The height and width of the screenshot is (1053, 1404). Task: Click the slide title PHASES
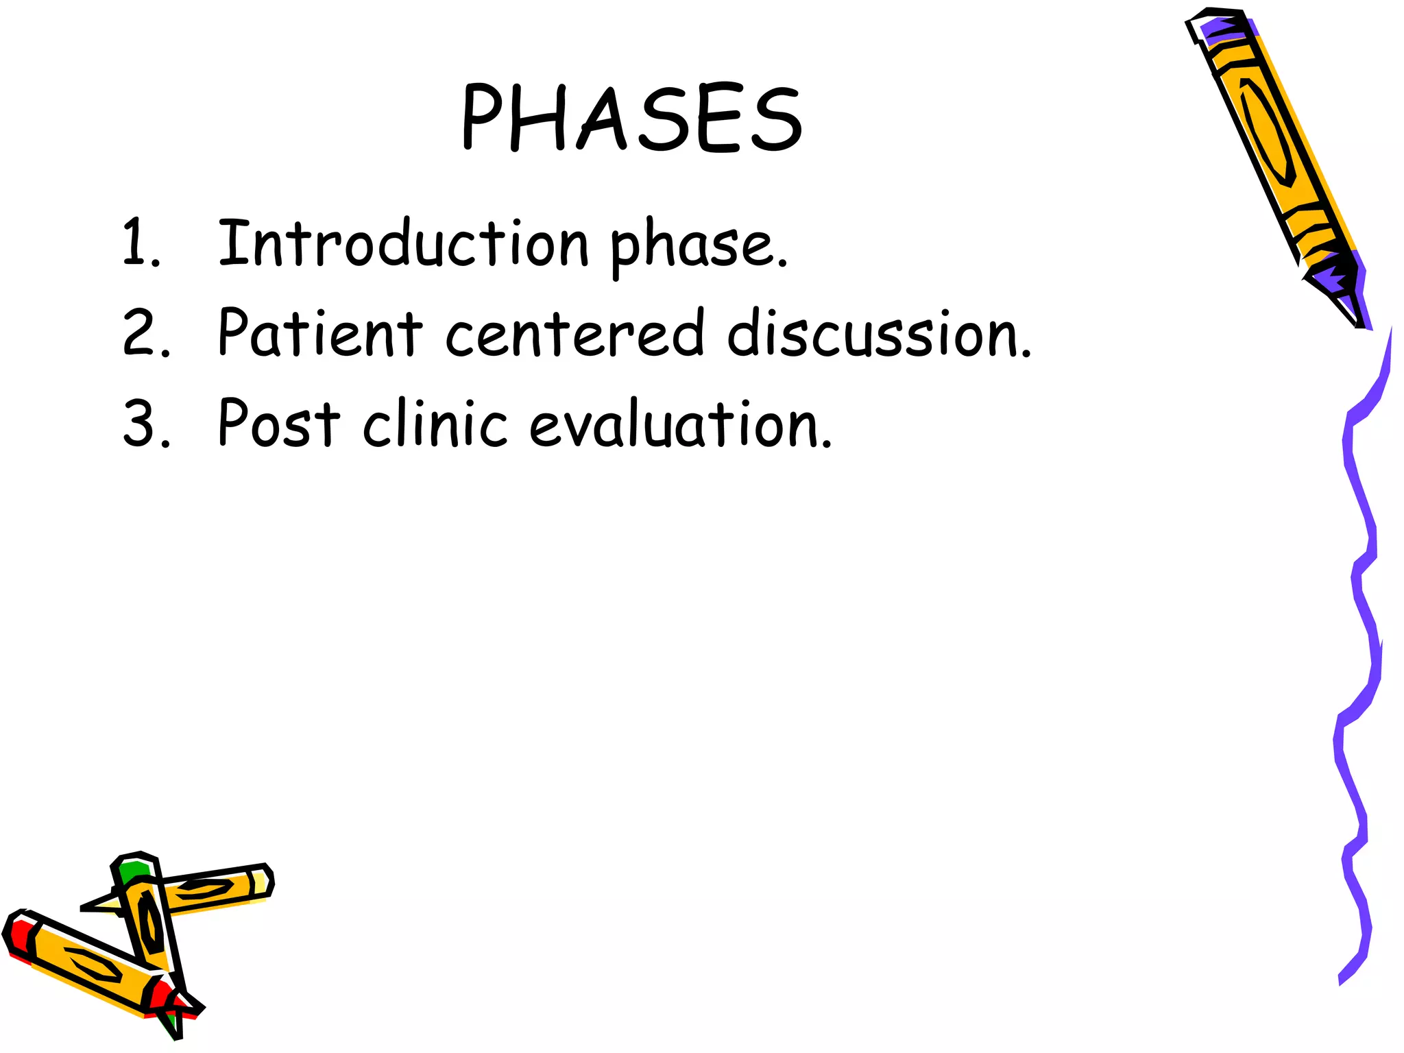coord(631,118)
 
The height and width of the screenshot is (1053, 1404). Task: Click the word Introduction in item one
coord(403,243)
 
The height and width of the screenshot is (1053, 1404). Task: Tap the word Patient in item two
coord(320,333)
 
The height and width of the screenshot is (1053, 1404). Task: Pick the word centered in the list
coord(574,334)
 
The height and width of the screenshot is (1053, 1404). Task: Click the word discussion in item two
coord(878,334)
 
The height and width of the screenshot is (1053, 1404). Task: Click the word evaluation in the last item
coord(680,425)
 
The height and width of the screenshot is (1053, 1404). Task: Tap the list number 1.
coord(141,243)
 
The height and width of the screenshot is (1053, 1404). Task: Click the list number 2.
coord(145,334)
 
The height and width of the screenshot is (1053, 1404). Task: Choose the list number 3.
coord(145,424)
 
